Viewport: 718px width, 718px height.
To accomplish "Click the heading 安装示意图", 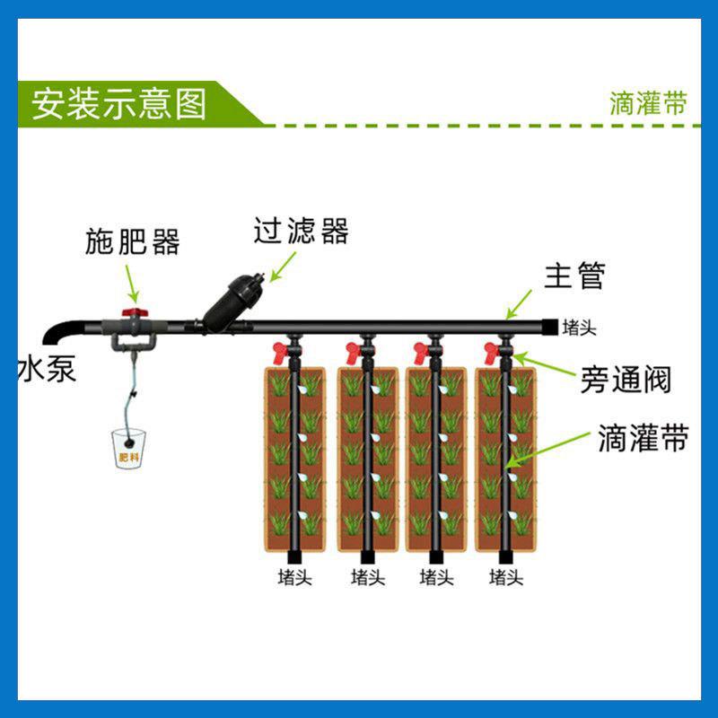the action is [119, 103].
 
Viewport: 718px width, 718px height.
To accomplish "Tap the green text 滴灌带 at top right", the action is [649, 103].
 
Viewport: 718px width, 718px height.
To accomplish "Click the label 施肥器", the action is [133, 241].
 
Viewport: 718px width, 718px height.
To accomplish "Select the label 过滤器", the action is [301, 232].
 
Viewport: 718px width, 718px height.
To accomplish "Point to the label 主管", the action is [574, 276].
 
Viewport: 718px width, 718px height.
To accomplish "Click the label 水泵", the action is [47, 368].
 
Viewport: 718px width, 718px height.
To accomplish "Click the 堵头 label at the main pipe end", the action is [579, 328].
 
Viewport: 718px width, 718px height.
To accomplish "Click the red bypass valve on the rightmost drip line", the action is [492, 349].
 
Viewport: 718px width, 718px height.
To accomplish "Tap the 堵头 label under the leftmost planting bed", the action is [297, 577].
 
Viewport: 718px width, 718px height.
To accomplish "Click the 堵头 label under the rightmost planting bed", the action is [506, 577].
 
